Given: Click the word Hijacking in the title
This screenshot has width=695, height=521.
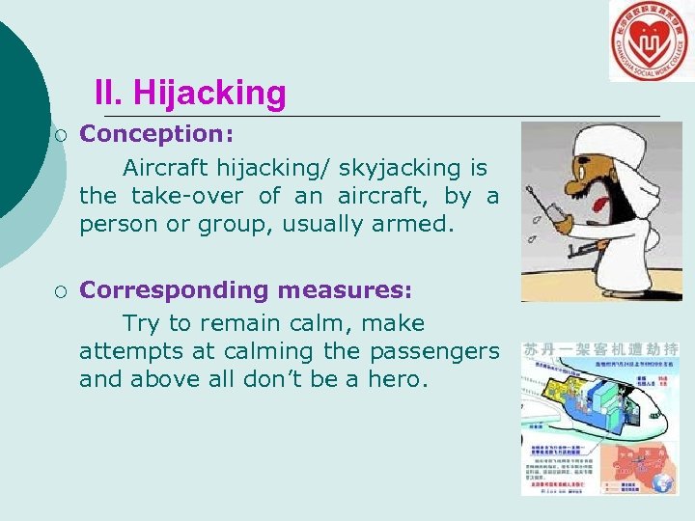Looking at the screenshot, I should (209, 94).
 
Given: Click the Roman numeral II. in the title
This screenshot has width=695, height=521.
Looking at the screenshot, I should (110, 94).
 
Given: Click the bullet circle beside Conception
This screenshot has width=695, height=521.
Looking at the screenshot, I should (62, 134).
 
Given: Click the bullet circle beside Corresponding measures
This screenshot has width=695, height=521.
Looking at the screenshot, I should (62, 290).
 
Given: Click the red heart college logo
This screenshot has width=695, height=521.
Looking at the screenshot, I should (651, 41).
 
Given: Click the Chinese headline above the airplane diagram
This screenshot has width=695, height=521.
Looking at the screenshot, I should (601, 348).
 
